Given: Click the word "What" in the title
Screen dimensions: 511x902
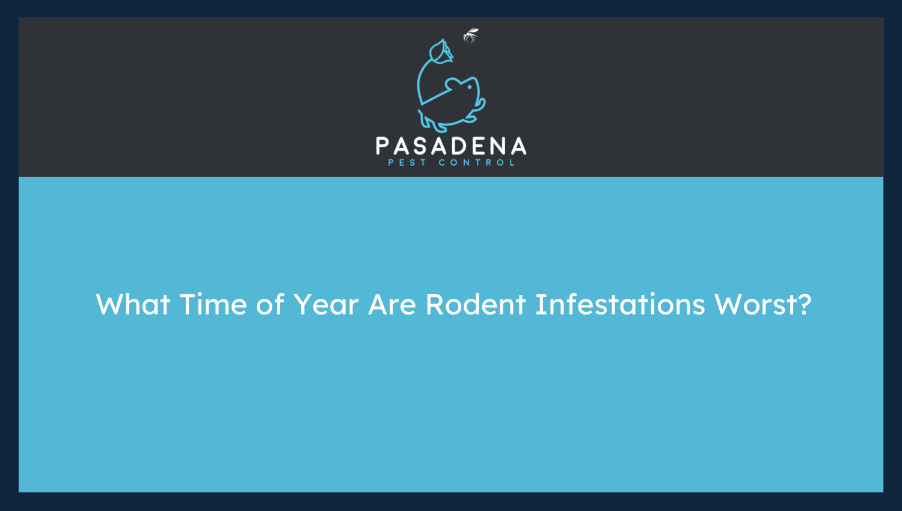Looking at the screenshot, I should click(x=133, y=305).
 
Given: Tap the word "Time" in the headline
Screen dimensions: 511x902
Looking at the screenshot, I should click(x=213, y=305).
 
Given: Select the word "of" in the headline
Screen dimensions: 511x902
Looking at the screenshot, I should click(x=270, y=305).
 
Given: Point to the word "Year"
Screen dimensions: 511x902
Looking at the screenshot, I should click(x=326, y=305).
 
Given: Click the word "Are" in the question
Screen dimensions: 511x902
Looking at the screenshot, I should click(x=392, y=305).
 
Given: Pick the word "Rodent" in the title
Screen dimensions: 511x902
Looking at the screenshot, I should click(x=476, y=305).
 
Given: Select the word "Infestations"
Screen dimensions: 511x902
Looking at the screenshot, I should click(x=620, y=305).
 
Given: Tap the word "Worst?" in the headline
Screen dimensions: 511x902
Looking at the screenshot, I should click(x=763, y=305).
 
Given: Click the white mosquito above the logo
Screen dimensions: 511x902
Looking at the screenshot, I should click(x=470, y=36).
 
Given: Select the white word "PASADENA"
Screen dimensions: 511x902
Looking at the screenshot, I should click(x=451, y=147).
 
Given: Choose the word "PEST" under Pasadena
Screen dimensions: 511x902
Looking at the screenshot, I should click(x=407, y=163).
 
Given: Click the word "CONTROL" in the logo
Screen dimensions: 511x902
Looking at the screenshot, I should click(x=477, y=163).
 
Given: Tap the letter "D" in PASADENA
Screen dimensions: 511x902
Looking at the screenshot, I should click(x=458, y=147).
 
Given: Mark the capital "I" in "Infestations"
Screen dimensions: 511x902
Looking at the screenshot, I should click(x=538, y=305).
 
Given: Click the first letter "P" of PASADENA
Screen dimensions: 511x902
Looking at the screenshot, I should click(x=382, y=147).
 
